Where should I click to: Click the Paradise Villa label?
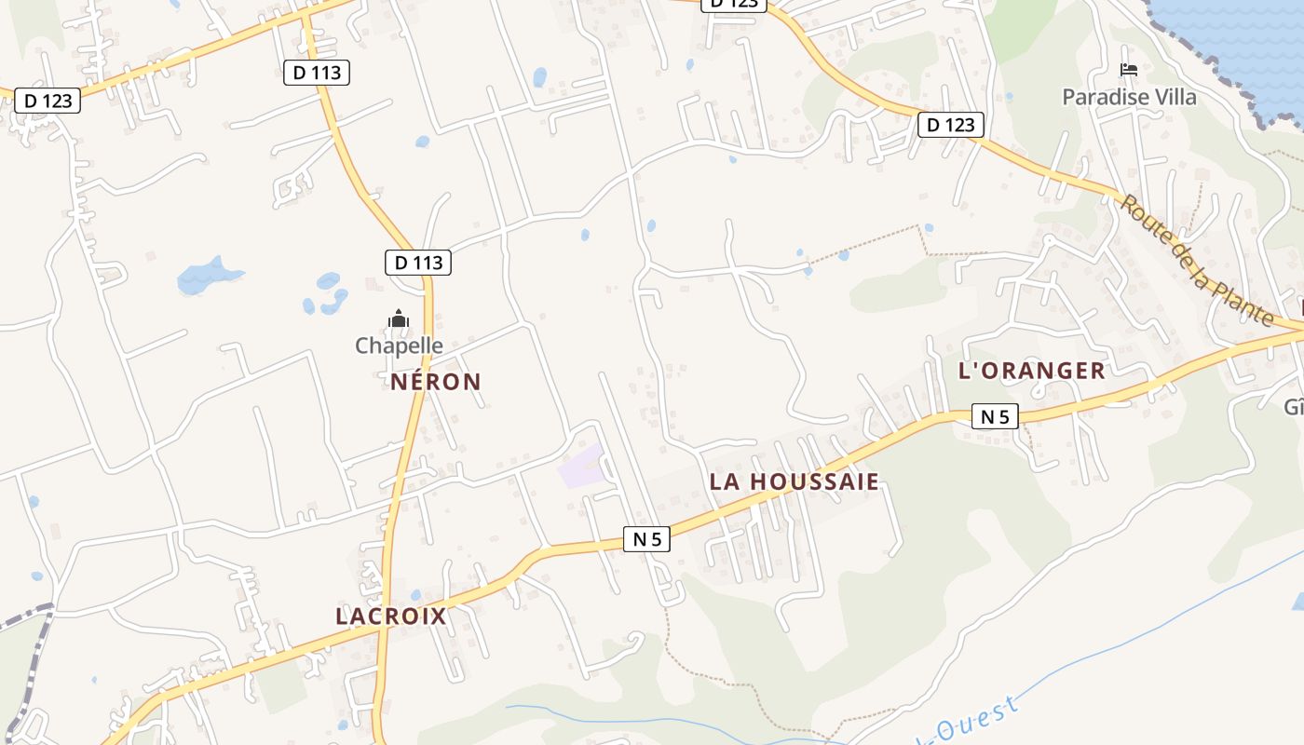pos(1129,97)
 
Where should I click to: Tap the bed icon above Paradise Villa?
pos(1129,70)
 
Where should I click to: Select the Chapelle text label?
pos(399,345)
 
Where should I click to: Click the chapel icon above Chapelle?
pos(399,319)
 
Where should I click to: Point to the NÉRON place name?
pos(436,382)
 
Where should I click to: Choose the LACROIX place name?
pos(391,616)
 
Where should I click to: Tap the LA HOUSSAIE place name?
pos(795,481)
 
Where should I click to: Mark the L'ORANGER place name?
pos(1031,371)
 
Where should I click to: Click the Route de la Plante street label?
pos(1196,261)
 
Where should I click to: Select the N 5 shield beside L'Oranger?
pos(996,416)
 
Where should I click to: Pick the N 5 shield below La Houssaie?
pos(646,538)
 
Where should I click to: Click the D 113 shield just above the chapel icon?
pos(418,263)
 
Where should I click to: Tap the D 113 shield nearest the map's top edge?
pos(317,73)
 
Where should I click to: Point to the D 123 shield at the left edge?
pos(48,101)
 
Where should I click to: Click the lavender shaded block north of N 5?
pos(580,467)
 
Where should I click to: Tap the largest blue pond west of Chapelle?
pos(207,275)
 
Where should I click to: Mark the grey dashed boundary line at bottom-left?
pos(28,652)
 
